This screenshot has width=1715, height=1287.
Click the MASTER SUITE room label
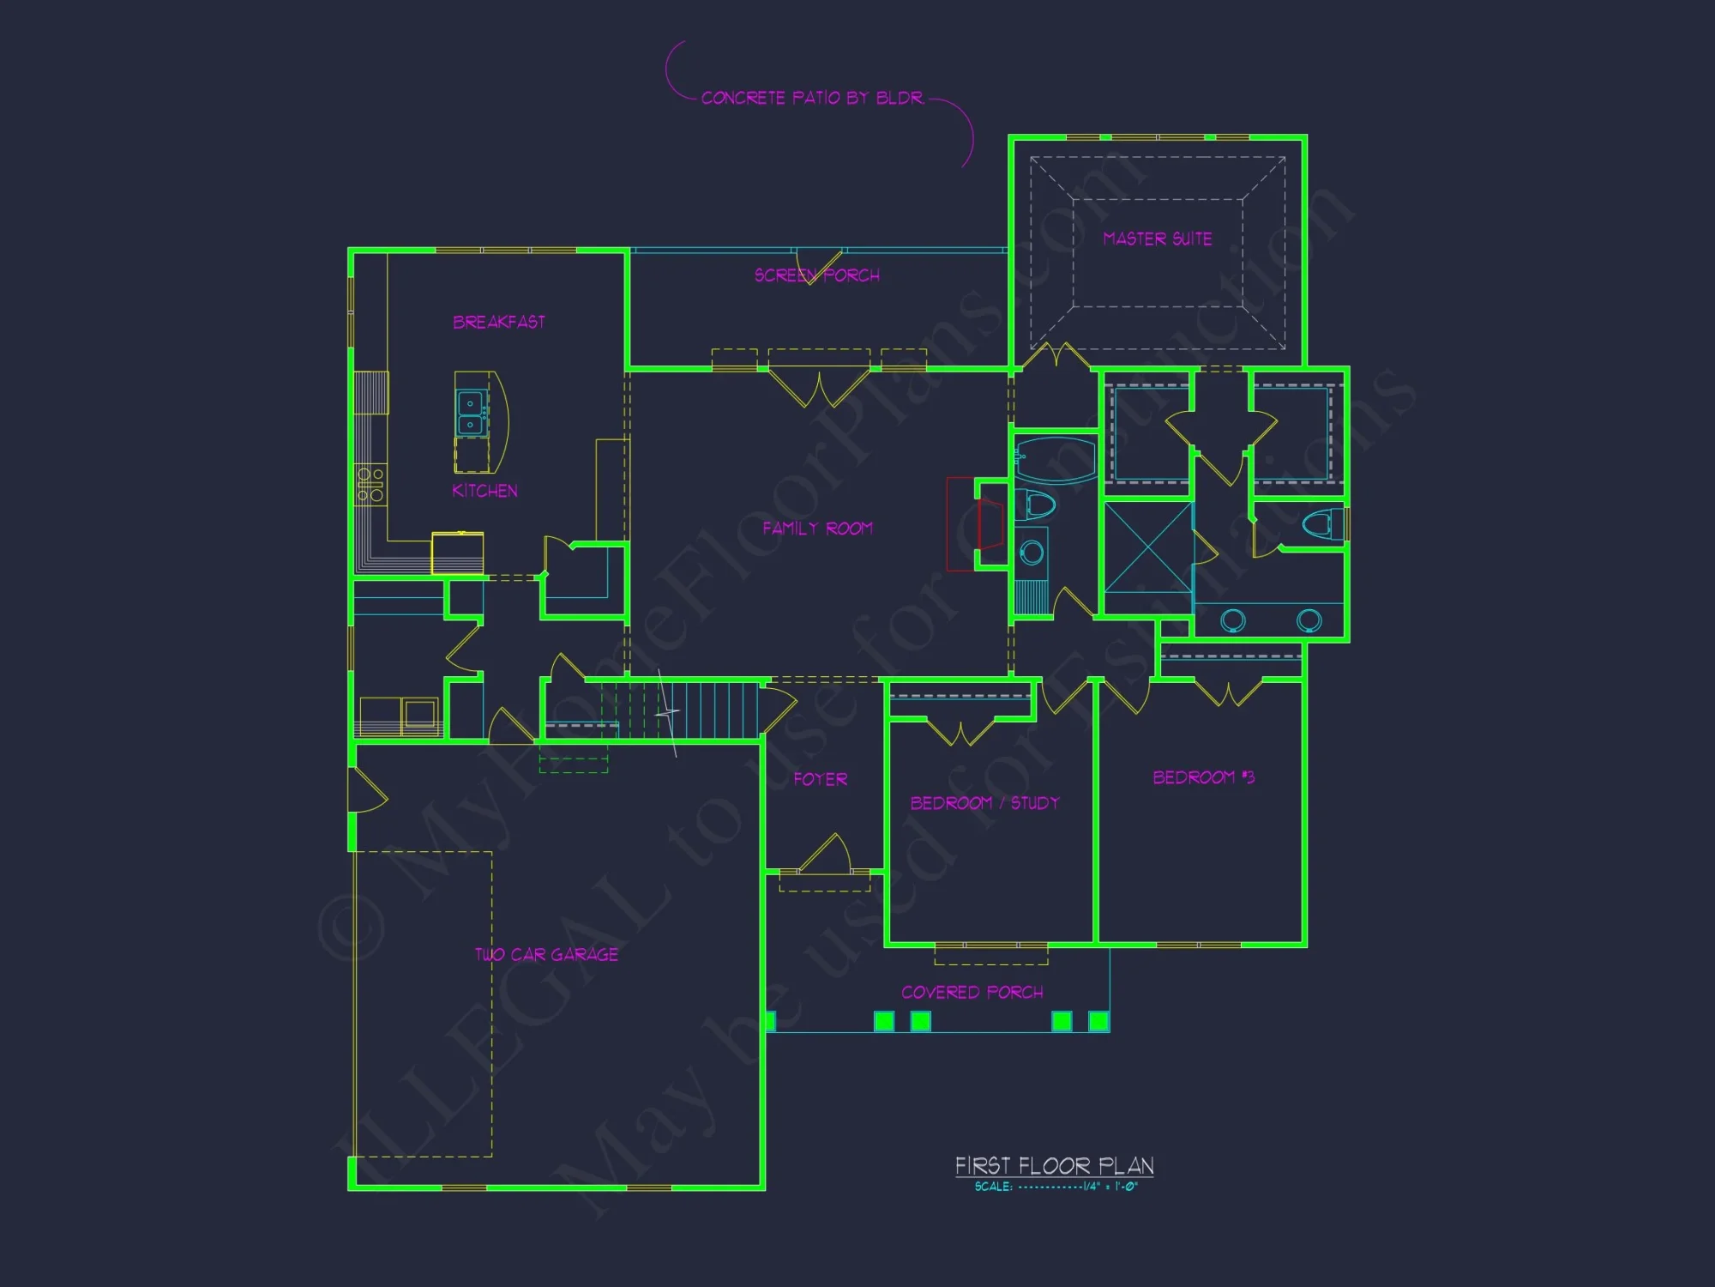(1157, 239)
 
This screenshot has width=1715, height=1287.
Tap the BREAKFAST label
(498, 322)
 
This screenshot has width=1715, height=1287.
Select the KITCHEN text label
(484, 491)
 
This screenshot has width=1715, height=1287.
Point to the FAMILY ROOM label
(817, 529)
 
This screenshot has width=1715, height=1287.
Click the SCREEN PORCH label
(816, 275)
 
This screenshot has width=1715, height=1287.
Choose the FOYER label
(820, 779)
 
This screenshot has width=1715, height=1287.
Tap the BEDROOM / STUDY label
(984, 803)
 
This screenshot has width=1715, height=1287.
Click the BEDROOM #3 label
(1203, 777)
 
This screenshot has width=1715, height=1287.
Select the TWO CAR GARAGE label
(546, 955)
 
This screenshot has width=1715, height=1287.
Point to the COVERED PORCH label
(972, 993)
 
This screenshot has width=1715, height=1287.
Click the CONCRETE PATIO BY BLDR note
(811, 98)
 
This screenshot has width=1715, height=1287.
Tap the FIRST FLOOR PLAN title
(1054, 1166)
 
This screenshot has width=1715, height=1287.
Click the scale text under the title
(1056, 1187)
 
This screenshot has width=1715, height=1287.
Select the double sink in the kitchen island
(470, 414)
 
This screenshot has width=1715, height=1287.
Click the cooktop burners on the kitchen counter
(370, 485)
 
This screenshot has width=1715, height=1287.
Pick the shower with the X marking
(1147, 547)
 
